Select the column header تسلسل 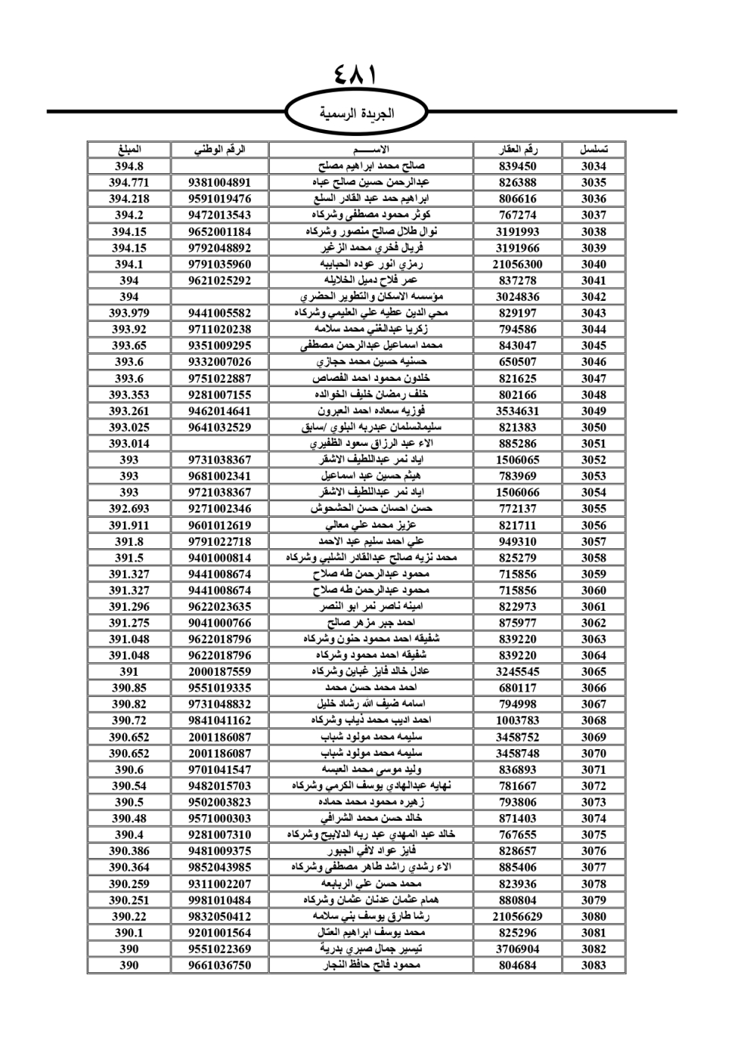[593, 149]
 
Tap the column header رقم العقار [518, 149]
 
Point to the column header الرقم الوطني [220, 149]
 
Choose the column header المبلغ [129, 149]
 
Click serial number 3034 [593, 167]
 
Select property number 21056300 [518, 264]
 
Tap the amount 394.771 [129, 183]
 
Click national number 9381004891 [220, 183]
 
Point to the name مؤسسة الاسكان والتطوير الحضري [371, 296]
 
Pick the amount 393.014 [129, 444]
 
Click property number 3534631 [518, 411]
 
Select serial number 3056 [593, 525]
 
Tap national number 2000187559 [220, 671]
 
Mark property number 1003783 [518, 721]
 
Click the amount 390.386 [129, 851]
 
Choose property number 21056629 [518, 916]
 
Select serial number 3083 [593, 965]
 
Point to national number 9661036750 [220, 965]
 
